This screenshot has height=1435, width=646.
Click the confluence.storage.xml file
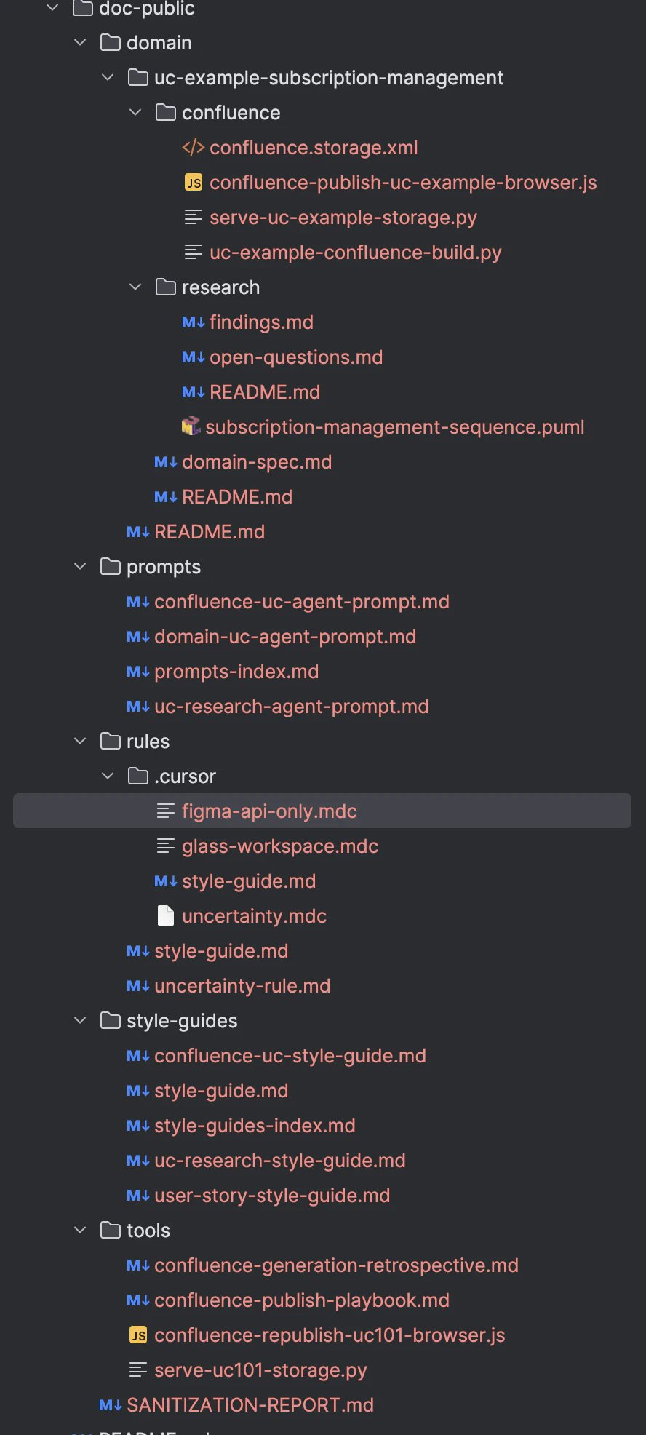tap(314, 148)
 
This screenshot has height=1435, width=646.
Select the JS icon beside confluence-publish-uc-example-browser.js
tap(194, 183)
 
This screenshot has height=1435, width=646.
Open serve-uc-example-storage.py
tap(343, 218)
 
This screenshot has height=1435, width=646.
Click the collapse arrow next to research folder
tap(135, 287)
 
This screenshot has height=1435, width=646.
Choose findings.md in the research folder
tap(261, 322)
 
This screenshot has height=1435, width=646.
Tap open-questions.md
tap(296, 357)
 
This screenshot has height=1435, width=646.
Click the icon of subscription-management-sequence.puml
tap(191, 426)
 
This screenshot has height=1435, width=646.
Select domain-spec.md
tap(257, 462)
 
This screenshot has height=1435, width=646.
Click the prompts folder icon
tap(111, 566)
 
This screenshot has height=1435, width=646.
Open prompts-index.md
tap(236, 672)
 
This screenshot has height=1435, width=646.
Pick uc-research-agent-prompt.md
tap(292, 707)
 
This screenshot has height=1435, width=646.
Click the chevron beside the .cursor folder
tap(108, 776)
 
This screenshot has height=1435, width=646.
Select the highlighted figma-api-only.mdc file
tap(269, 811)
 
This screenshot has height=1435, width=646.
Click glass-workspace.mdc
tap(280, 846)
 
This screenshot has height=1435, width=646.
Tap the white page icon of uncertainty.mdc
tap(166, 915)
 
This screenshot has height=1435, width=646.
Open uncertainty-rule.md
tap(242, 986)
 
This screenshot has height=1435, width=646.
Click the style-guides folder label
tap(182, 1021)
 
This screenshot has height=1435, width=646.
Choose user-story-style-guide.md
tap(272, 1196)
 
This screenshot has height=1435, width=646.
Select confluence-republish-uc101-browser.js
tap(330, 1335)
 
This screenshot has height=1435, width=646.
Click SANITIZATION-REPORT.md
tap(250, 1405)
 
